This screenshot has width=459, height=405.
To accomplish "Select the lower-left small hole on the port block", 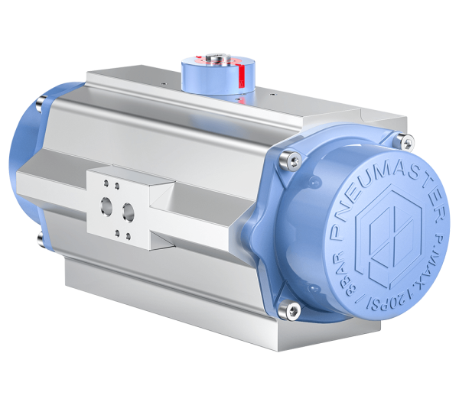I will click(x=105, y=231).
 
